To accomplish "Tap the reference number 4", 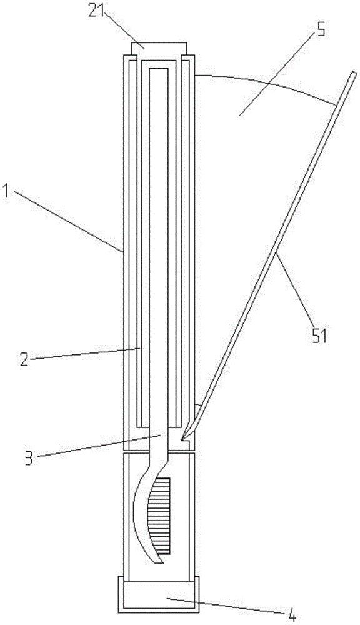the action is click(292, 617).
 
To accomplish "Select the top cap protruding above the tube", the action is click(159, 49).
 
